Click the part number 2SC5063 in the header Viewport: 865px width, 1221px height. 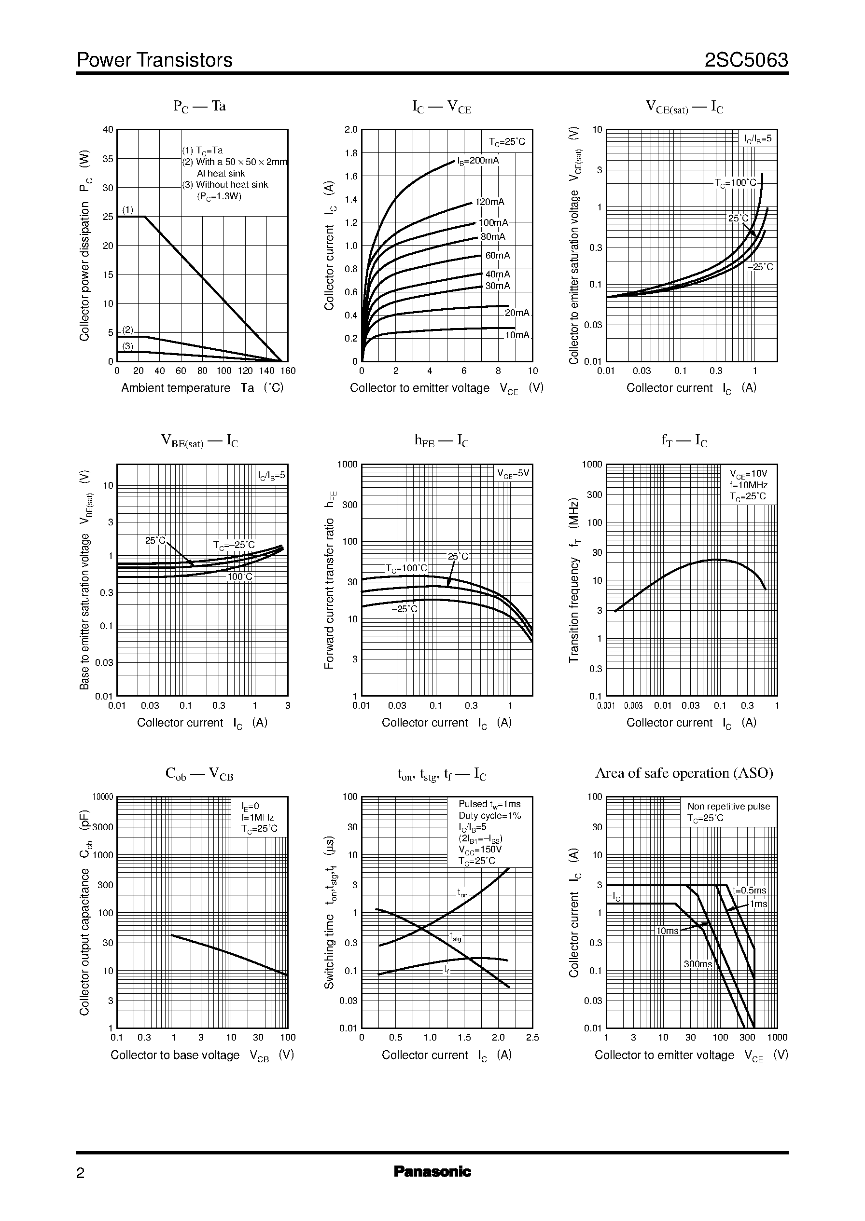[x=746, y=61]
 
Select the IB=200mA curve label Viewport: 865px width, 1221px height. [x=478, y=161]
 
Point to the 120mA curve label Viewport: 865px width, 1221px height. [x=489, y=202]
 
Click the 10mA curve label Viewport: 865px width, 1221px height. [x=517, y=335]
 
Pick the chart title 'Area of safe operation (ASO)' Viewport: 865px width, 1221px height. [x=684, y=773]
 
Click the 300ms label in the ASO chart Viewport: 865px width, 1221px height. [x=698, y=964]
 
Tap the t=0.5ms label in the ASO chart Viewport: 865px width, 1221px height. [x=749, y=891]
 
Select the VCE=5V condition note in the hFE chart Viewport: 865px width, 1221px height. [x=514, y=473]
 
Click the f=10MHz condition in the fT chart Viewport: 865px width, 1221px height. [x=749, y=485]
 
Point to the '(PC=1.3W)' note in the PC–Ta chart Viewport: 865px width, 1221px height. [x=219, y=196]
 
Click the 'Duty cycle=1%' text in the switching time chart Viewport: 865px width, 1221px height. [x=489, y=815]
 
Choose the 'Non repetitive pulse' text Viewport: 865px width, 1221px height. [x=729, y=807]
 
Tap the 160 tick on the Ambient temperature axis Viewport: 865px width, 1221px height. [x=288, y=371]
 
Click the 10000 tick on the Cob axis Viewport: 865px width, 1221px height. [x=103, y=797]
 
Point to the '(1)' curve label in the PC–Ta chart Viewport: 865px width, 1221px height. [x=128, y=210]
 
